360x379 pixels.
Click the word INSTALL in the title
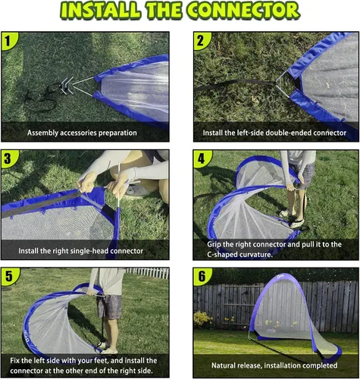[x=100, y=11]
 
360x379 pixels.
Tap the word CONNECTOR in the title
[x=244, y=11]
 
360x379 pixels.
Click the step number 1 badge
[x=8, y=40]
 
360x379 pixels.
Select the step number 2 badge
[x=201, y=40]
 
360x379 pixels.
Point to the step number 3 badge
[x=8, y=158]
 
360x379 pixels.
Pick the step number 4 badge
[x=201, y=158]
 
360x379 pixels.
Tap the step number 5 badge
[x=9, y=276]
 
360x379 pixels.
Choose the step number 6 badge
[x=202, y=276]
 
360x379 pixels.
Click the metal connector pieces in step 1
[x=66, y=86]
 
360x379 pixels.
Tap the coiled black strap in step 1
[x=42, y=97]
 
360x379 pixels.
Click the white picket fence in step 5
[x=148, y=273]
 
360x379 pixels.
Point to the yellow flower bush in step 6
[x=203, y=320]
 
